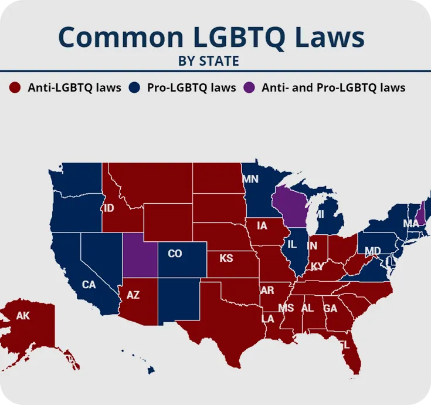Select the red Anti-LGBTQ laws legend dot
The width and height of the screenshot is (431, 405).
coord(15,88)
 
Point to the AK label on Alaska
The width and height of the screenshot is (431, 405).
coord(23,316)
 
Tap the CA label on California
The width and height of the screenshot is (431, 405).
coord(89,285)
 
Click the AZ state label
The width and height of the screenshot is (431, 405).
coord(133,295)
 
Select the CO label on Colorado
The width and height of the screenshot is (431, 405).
coord(175,254)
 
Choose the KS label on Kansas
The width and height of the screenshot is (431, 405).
coord(226,258)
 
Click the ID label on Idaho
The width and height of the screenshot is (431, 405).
coord(108,208)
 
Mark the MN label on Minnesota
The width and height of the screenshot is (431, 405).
coord(250,179)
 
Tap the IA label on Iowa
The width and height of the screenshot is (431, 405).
coord(262,225)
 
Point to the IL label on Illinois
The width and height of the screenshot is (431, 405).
coord(292,244)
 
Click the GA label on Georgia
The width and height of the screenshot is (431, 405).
coord(330,308)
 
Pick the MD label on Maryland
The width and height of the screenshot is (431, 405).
coord(373,251)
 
